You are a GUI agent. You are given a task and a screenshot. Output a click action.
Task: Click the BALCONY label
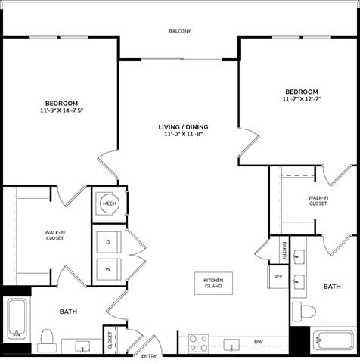180,31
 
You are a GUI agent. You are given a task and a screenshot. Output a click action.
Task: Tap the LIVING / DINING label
184,126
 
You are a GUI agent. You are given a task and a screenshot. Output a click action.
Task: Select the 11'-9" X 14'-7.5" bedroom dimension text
61,110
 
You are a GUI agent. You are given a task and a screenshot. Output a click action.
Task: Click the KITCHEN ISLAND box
214,284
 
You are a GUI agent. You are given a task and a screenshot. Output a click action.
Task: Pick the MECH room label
109,203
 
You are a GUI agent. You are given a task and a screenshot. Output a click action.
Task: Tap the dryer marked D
108,242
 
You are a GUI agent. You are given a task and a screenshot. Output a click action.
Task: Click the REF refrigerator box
278,277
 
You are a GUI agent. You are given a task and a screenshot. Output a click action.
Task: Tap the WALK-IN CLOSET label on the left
54,235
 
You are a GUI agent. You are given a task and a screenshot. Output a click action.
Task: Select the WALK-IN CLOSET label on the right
318,200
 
